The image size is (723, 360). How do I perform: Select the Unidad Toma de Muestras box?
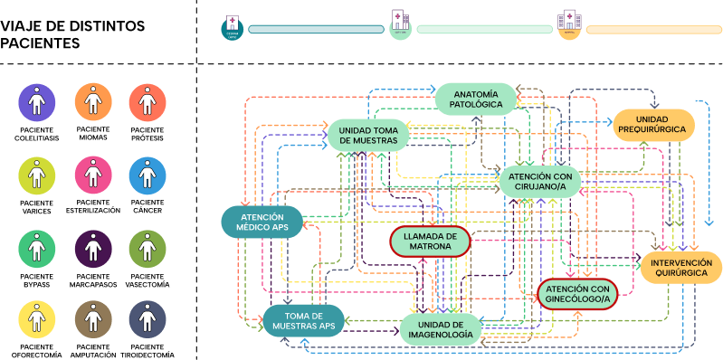tap(367, 135)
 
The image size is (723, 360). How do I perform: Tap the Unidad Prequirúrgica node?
tap(654, 124)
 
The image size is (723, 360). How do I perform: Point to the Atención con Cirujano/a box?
tap(538, 181)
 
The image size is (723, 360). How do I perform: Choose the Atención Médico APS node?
tap(262, 222)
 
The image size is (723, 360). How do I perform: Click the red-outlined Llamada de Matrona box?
tap(430, 242)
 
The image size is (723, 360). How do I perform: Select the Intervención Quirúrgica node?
tap(680, 268)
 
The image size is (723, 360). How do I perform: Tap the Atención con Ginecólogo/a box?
tap(577, 293)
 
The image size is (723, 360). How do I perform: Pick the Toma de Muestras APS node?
tap(303, 320)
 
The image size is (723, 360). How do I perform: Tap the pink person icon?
tap(92, 175)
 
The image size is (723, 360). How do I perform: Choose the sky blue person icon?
tap(147, 175)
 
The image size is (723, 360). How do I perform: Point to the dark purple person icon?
tap(92, 247)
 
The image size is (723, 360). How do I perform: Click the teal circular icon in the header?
tap(233, 29)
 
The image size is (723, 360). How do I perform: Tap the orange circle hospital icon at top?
tap(569, 28)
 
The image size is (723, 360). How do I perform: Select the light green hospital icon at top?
tap(401, 28)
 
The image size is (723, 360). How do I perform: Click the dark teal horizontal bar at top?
tap(316, 29)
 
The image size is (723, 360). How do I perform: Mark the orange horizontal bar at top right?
tap(653, 29)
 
